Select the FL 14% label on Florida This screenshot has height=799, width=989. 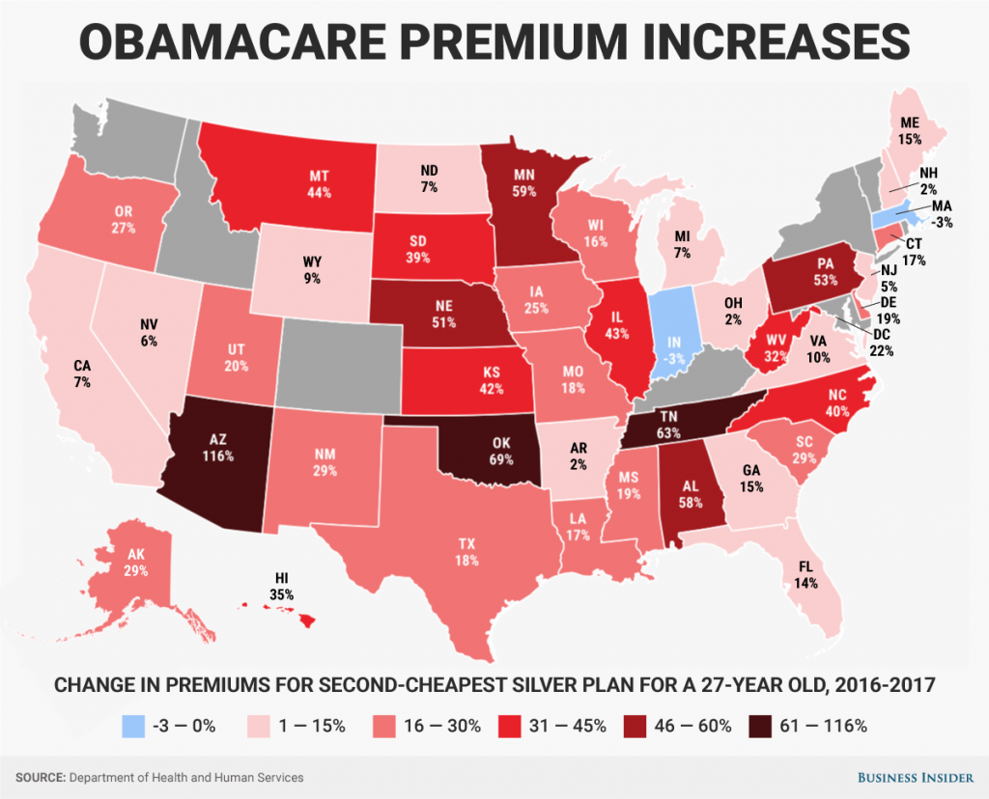[805, 575]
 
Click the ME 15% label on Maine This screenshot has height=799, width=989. [908, 131]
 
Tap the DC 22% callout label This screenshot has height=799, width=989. [881, 344]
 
